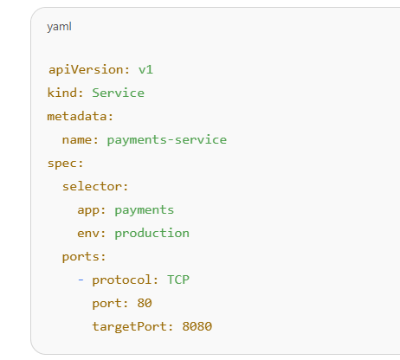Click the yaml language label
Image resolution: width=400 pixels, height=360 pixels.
click(59, 27)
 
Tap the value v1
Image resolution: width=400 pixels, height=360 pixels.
click(145, 70)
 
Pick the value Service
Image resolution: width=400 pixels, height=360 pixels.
click(118, 93)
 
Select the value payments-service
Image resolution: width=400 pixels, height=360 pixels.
click(167, 140)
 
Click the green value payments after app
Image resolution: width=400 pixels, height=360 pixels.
click(145, 210)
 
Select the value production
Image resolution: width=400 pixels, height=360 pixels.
click(152, 234)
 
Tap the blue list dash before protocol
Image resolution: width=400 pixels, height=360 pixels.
click(81, 280)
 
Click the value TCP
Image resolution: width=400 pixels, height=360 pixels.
click(178, 280)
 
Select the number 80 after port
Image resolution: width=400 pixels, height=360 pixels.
click(145, 303)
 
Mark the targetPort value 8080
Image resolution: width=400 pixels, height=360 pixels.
click(197, 326)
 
